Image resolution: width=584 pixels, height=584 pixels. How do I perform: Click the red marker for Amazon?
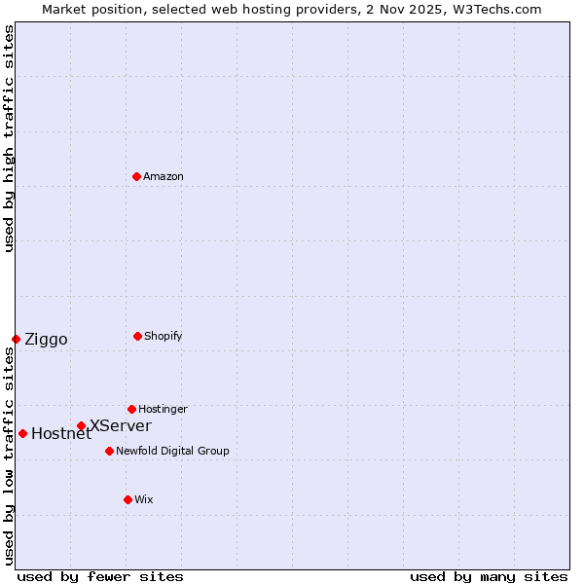point(137,176)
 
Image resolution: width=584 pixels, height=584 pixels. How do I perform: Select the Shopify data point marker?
point(137,336)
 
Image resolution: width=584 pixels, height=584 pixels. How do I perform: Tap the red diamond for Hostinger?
point(131,409)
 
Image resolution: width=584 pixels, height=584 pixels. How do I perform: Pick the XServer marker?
point(82,425)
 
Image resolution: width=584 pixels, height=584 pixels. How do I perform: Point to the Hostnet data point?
point(22,433)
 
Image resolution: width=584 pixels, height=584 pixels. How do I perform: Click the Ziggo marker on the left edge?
point(16,339)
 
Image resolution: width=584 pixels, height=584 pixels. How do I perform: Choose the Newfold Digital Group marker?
point(109,451)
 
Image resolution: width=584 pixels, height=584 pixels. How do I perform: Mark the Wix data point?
point(128,499)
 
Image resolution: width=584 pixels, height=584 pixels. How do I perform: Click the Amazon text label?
point(164,176)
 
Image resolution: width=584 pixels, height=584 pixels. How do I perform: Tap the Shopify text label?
point(163,336)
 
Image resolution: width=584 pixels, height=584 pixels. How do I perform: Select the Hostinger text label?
point(163,409)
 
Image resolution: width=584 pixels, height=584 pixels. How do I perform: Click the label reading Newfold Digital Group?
point(172,451)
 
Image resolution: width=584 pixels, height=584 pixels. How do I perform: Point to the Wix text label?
point(144,499)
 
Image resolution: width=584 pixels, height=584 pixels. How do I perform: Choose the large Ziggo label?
point(46,339)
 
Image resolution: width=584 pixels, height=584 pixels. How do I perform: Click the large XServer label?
point(120,425)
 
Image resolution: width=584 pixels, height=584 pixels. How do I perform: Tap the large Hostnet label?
point(60,434)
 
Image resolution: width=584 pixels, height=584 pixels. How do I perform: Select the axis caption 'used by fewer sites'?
point(100,576)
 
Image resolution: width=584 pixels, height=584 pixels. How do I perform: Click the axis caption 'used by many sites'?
point(489,576)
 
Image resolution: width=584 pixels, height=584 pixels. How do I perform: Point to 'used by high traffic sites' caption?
point(9,138)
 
